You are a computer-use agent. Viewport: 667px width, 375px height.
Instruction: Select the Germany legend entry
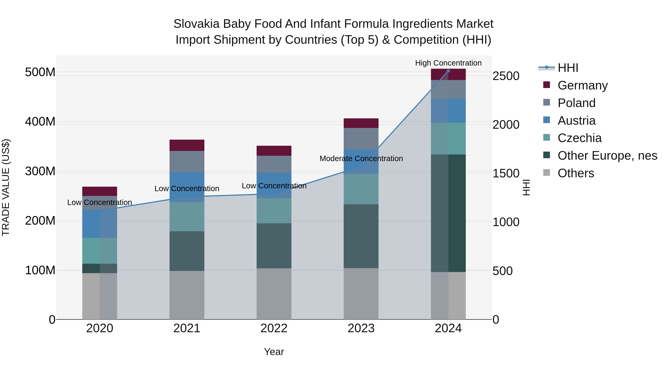pyautogui.click(x=582, y=85)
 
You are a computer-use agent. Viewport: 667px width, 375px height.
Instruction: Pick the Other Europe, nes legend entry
pyautogui.click(x=607, y=156)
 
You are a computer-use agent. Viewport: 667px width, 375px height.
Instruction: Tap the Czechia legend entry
pyautogui.click(x=580, y=138)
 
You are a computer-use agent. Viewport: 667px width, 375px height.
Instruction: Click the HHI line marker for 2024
pyautogui.click(x=448, y=71)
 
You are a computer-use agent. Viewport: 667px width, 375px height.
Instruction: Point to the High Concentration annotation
pyautogui.click(x=448, y=63)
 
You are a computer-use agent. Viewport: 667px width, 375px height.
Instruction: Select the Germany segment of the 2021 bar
pyautogui.click(x=187, y=145)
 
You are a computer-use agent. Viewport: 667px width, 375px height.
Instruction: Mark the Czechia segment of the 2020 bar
pyautogui.click(x=99, y=251)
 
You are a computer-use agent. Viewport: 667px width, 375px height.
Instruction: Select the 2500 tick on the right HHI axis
pyautogui.click(x=506, y=76)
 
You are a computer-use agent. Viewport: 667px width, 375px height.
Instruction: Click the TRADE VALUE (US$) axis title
pyautogui.click(x=6, y=187)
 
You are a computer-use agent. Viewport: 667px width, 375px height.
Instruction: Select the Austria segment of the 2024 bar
pyautogui.click(x=448, y=111)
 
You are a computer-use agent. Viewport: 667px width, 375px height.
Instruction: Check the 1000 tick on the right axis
pyautogui.click(x=506, y=222)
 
